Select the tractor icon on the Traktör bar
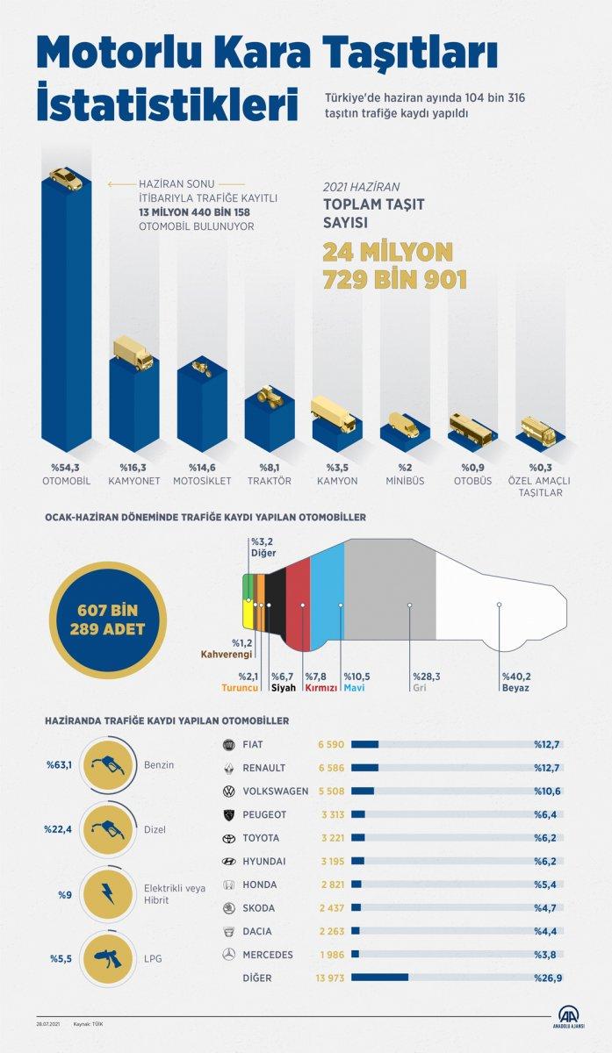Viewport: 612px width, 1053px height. point(269,396)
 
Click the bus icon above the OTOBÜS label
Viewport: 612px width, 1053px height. point(472,427)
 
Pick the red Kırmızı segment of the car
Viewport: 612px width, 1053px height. point(299,605)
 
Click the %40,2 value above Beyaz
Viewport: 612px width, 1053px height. point(517,677)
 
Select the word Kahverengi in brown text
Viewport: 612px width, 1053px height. point(227,655)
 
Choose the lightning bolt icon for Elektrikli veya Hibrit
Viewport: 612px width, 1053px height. point(106,893)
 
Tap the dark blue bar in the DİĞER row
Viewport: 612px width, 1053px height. point(379,977)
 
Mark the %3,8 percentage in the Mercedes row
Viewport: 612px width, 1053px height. point(547,954)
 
